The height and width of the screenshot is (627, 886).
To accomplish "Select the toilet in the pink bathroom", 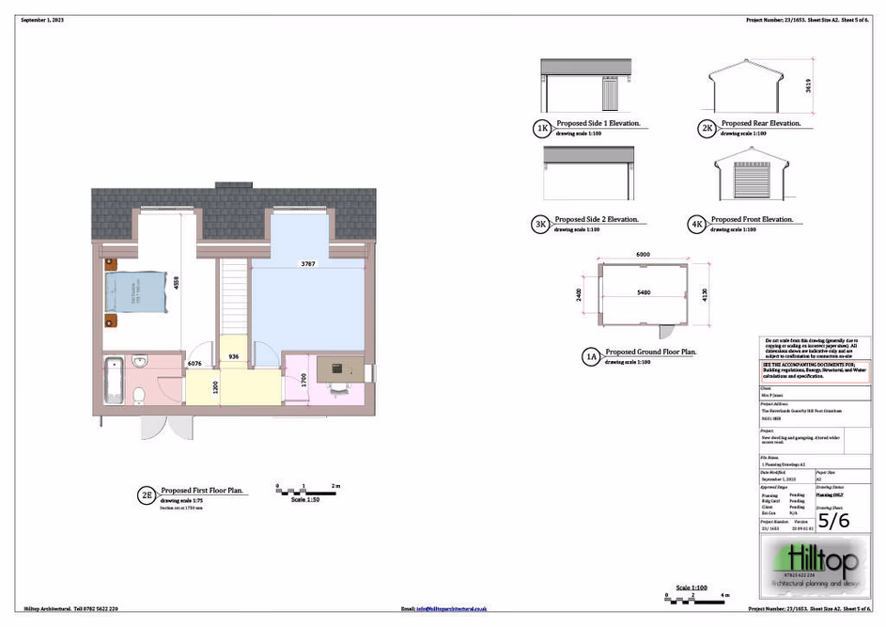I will [137, 393].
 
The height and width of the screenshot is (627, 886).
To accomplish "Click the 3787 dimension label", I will [307, 264].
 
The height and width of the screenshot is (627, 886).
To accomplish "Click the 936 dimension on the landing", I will [234, 357].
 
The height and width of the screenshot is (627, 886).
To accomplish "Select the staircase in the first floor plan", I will [234, 296].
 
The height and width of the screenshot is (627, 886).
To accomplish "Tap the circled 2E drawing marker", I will [146, 494].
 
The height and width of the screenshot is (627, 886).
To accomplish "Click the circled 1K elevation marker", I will [542, 128].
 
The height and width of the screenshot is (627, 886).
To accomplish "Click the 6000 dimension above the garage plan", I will [643, 255].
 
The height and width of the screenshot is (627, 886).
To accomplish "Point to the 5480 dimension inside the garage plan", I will [644, 293].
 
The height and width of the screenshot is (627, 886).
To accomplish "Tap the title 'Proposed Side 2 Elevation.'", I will [597, 220].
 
